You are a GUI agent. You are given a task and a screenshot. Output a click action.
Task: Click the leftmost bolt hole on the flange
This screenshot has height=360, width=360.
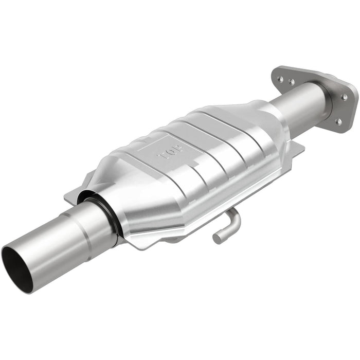(x=280, y=79)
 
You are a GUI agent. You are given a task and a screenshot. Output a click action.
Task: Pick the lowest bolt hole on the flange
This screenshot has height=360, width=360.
(x=338, y=122)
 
